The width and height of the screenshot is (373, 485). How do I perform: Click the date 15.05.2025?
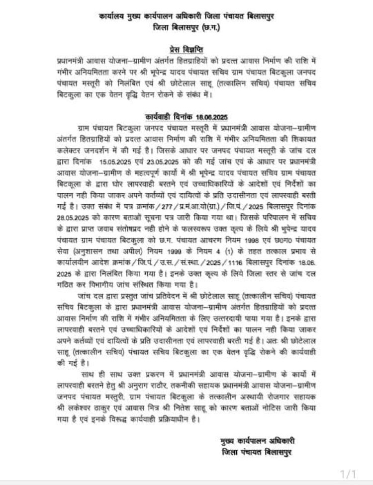tap(118, 162)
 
